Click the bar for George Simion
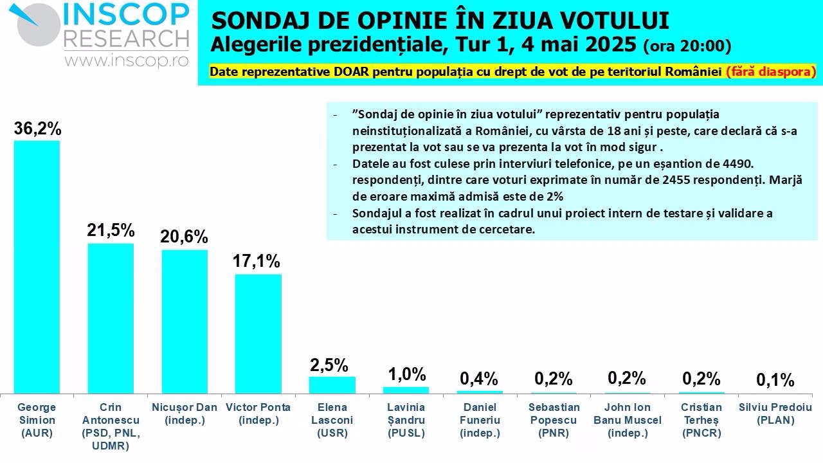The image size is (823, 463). (x=37, y=267)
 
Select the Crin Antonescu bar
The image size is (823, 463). (x=111, y=318)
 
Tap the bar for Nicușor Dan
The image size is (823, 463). (x=185, y=322)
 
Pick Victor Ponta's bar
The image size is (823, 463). (x=258, y=334)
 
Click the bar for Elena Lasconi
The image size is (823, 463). (x=332, y=385)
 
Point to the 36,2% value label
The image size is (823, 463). (x=37, y=129)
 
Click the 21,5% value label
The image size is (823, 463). (x=111, y=230)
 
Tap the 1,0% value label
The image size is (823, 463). (x=406, y=374)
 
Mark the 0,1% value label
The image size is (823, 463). (x=775, y=380)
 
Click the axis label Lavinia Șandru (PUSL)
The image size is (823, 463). (x=406, y=420)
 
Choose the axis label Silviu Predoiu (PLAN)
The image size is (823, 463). (x=775, y=413)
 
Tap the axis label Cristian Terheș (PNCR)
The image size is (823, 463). (x=701, y=420)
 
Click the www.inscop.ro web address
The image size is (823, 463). (x=126, y=60)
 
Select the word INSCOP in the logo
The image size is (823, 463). (x=125, y=14)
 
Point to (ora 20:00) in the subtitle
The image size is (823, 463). (x=687, y=46)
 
